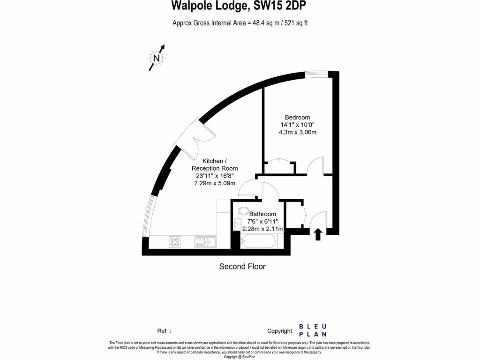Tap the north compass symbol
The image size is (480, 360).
click(x=157, y=58)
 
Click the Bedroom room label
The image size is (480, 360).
click(x=297, y=117)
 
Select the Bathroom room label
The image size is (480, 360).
click(x=262, y=214)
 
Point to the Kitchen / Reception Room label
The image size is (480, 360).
click(x=215, y=165)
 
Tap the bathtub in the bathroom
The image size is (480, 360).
click(x=258, y=242)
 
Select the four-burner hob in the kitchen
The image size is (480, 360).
click(x=175, y=242)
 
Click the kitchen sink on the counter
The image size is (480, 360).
click(x=205, y=242)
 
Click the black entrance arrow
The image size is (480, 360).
click(x=318, y=234)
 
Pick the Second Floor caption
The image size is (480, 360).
click(x=242, y=267)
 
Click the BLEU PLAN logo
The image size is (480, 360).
click(x=313, y=330)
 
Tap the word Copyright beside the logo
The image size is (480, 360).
click(x=279, y=331)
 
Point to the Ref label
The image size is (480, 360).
click(x=162, y=331)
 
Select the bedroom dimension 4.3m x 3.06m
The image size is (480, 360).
click(x=297, y=132)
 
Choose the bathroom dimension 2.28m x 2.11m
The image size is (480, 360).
click(x=262, y=229)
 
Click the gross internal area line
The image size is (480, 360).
click(x=240, y=22)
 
